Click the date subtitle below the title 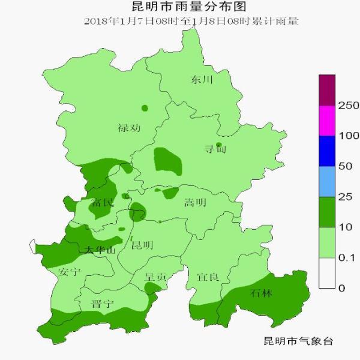(191, 22)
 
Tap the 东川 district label (202, 79)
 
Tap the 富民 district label (101, 203)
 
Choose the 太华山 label (99, 250)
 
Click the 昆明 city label (142, 245)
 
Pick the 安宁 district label (70, 272)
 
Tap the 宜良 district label (208, 277)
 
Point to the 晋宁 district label (102, 304)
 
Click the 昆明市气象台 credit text (298, 341)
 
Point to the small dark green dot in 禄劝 (145, 108)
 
